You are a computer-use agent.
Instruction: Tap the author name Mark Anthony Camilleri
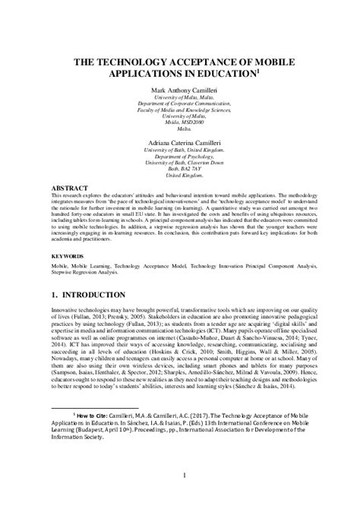pyautogui.click(x=179, y=90)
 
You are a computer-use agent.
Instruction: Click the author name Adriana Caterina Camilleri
pyautogui.click(x=179, y=142)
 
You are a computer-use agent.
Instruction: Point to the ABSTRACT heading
pyautogui.click(x=69, y=186)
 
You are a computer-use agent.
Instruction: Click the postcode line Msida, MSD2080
pyautogui.click(x=179, y=120)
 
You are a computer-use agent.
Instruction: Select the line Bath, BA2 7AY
pyautogui.click(x=179, y=170)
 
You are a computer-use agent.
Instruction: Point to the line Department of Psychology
pyautogui.click(x=179, y=156)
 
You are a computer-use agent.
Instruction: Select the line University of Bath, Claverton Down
pyautogui.click(x=179, y=163)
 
